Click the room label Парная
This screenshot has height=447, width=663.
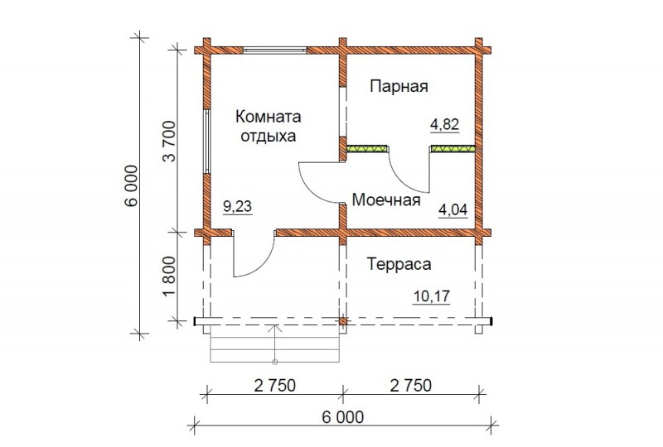click(x=399, y=86)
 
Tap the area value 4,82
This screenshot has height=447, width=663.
click(x=444, y=125)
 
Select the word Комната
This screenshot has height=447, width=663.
click(x=268, y=117)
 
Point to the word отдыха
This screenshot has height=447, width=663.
click(x=268, y=137)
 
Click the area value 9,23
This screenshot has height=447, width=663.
click(x=237, y=207)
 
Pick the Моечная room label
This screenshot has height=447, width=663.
click(x=386, y=199)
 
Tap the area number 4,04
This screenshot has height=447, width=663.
click(x=452, y=209)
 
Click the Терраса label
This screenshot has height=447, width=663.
click(x=399, y=265)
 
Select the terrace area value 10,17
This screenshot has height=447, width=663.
click(x=431, y=296)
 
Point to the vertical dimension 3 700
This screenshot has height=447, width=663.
click(x=170, y=142)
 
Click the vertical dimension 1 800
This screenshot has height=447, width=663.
click(x=170, y=276)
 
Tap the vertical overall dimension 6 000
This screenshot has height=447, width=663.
click(x=132, y=185)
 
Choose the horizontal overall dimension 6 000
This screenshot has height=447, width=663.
click(x=342, y=417)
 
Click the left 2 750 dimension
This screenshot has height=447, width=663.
click(x=275, y=385)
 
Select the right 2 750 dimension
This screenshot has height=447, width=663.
click(x=411, y=385)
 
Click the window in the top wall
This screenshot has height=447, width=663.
click(x=275, y=50)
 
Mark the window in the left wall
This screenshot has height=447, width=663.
click(x=206, y=142)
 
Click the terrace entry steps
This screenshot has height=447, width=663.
click(x=275, y=344)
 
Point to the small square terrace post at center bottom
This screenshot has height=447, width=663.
click(x=343, y=321)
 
